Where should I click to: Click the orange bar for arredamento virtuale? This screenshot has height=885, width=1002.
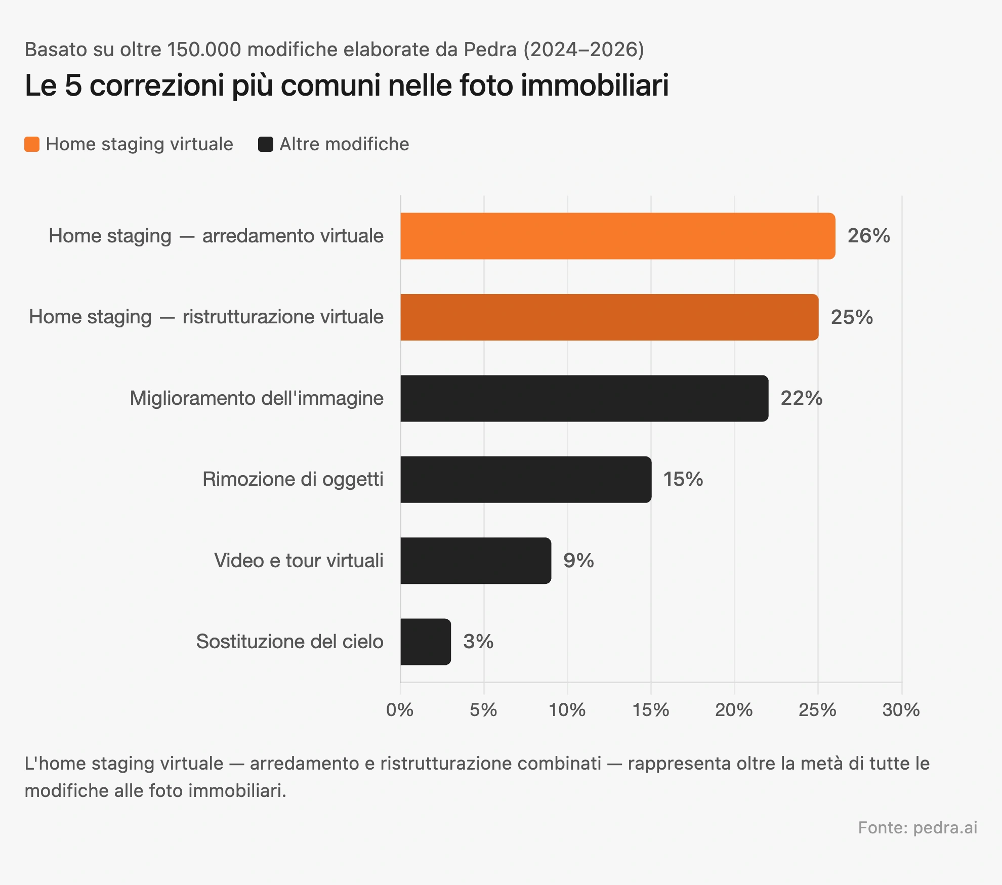[x=617, y=236]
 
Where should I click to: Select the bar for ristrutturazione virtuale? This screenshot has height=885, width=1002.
[x=609, y=317]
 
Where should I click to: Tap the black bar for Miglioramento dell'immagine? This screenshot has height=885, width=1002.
[x=584, y=398]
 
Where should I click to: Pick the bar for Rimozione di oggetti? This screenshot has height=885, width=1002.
[x=526, y=480]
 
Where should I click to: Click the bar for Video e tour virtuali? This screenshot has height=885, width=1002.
[x=476, y=561]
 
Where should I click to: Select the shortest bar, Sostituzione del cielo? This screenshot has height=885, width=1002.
[x=425, y=642]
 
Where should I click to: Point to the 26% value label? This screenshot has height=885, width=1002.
[x=868, y=236]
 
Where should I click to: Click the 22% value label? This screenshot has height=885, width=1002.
[x=801, y=398]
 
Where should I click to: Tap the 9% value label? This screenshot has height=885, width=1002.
[x=578, y=561]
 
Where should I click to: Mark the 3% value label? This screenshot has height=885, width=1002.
[x=478, y=642]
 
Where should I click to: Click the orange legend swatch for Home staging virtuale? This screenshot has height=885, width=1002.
[x=32, y=144]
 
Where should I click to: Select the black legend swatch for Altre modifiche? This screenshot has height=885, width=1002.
[x=266, y=144]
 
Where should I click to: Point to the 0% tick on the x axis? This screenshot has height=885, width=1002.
[x=400, y=710]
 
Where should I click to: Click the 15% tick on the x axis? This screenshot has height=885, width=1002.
[x=651, y=710]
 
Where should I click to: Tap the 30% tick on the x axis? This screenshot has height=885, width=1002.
[x=901, y=710]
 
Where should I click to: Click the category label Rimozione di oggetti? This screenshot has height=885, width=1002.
[x=293, y=479]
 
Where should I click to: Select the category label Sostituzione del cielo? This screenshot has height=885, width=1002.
[x=289, y=642]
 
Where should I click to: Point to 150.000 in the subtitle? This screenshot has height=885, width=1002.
[x=204, y=50]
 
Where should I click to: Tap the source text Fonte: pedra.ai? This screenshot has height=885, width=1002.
[x=917, y=827]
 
